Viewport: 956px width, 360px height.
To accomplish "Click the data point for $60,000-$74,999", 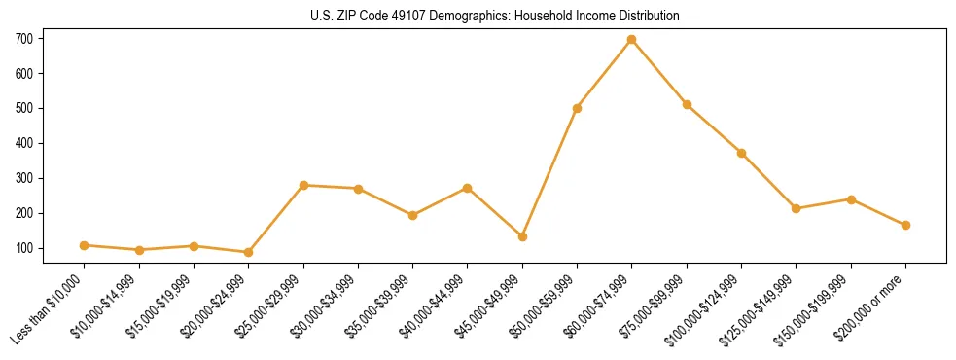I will pyautogui.click(x=632, y=40).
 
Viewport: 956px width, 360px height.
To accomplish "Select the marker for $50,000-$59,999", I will pyautogui.click(x=577, y=108).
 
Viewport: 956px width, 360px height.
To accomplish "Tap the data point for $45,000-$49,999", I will pyautogui.click(x=522, y=236).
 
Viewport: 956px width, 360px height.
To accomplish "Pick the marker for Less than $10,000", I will pyautogui.click(x=85, y=245).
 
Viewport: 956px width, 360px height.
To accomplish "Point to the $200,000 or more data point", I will pyautogui.click(x=905, y=225).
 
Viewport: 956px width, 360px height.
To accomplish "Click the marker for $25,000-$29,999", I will pyautogui.click(x=303, y=185).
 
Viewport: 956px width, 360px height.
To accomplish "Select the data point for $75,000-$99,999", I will pyautogui.click(x=687, y=104).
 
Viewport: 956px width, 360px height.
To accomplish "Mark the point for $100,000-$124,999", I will pyautogui.click(x=741, y=153).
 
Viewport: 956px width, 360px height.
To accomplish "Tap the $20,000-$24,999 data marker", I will pyautogui.click(x=249, y=252).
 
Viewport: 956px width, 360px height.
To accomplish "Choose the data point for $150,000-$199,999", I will pyautogui.click(x=851, y=199).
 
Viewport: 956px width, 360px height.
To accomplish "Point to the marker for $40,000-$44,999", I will pyautogui.click(x=468, y=188).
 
